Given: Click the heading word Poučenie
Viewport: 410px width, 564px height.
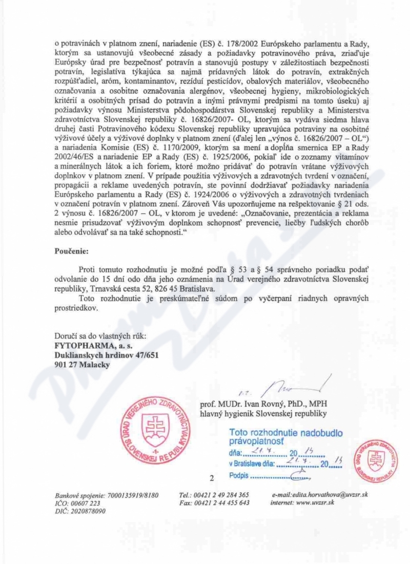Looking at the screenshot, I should pyautogui.click(x=71, y=252).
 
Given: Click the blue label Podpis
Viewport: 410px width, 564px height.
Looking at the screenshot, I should pyautogui.click(x=238, y=475).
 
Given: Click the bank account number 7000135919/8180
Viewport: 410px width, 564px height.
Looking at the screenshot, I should pyautogui.click(x=132, y=495).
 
